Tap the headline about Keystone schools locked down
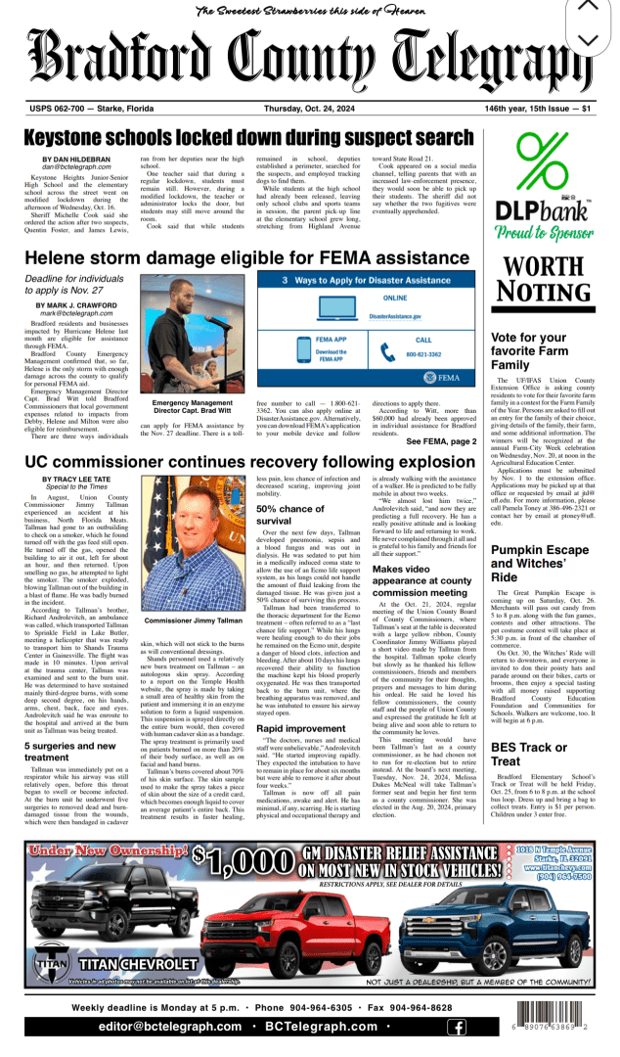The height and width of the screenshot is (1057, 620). [263, 137]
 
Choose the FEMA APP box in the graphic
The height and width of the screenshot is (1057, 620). [303, 355]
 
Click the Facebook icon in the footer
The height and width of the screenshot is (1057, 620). [456, 1026]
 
